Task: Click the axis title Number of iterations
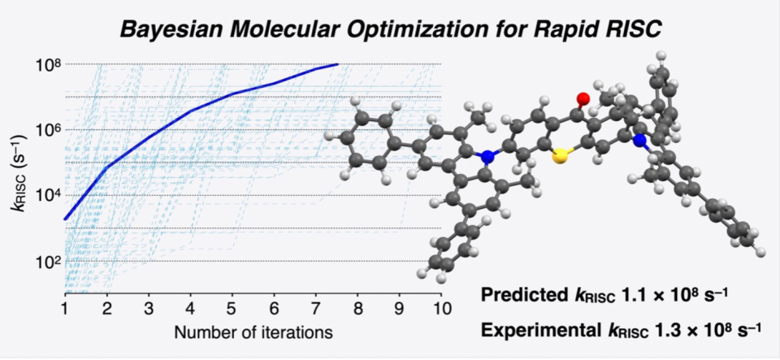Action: click(253, 332)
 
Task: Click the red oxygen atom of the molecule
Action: click(583, 98)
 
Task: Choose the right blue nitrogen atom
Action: click(639, 141)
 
